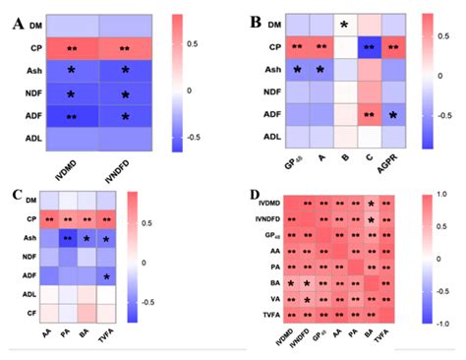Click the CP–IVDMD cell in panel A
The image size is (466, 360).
coord(72,47)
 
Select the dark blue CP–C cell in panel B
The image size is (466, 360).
coord(369,46)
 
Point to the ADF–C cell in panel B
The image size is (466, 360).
coord(369,115)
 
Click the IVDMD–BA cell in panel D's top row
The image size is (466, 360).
coord(370,204)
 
